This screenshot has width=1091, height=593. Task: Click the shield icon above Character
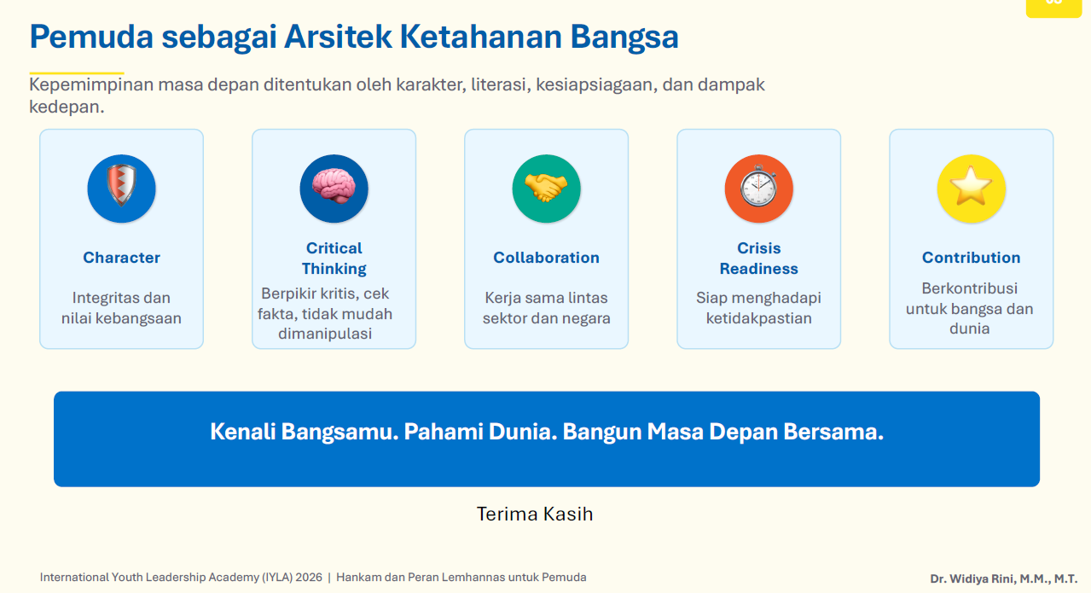pyautogui.click(x=121, y=186)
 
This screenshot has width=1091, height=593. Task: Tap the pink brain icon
pyautogui.click(x=334, y=186)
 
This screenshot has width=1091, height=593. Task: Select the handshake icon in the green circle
pyautogui.click(x=546, y=188)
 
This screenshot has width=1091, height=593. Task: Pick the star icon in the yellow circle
pyautogui.click(x=971, y=185)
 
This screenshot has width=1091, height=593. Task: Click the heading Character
pyautogui.click(x=121, y=258)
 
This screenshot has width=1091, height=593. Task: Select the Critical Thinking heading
pyautogui.click(x=334, y=259)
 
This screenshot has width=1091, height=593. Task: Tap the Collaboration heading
pyautogui.click(x=546, y=258)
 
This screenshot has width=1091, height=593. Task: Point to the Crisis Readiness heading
pyautogui.click(x=758, y=259)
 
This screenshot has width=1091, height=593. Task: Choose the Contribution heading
pyautogui.click(x=971, y=258)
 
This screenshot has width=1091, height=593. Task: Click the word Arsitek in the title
pyautogui.click(x=338, y=37)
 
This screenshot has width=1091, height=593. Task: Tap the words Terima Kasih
pyautogui.click(x=534, y=514)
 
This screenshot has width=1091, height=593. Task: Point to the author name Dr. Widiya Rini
pyautogui.click(x=972, y=578)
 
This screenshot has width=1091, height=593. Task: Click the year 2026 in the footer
pyautogui.click(x=309, y=578)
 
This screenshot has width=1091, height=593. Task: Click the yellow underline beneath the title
pyautogui.click(x=77, y=73)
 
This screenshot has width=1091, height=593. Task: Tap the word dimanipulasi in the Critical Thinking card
pyautogui.click(x=325, y=334)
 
